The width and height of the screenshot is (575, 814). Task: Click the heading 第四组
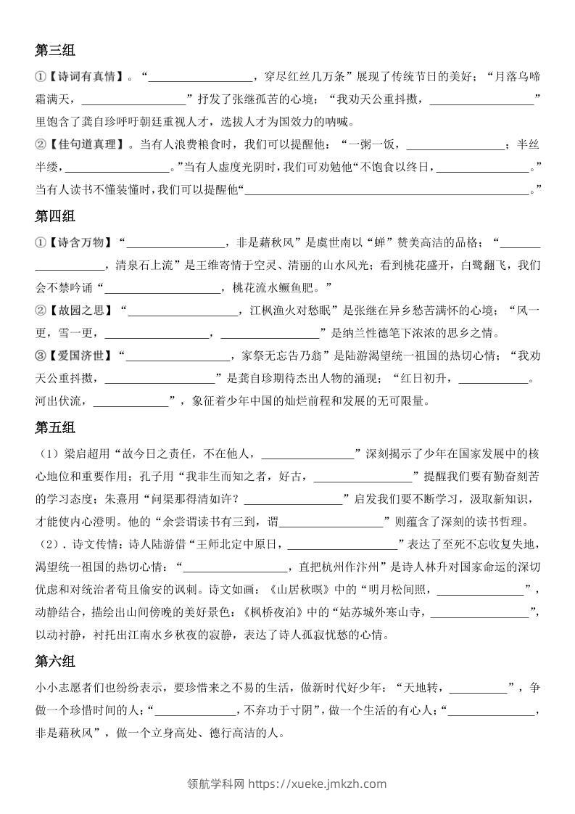click(x=55, y=216)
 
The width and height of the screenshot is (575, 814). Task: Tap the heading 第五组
click(x=55, y=428)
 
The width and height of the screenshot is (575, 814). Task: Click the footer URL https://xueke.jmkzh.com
click(x=318, y=784)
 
